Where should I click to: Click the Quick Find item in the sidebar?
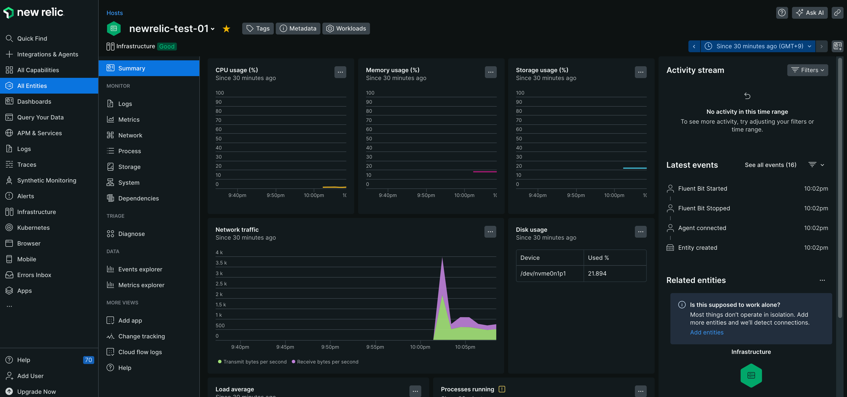[x=32, y=38]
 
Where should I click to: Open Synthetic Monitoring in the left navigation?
[x=46, y=180]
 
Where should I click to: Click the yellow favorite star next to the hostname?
[x=226, y=29]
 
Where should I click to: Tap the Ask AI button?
[x=810, y=13]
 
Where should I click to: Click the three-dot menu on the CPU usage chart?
[x=340, y=72]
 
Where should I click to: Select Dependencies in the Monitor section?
[x=138, y=198]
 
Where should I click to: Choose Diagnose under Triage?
[x=131, y=234]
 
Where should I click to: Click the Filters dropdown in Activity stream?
[x=807, y=70]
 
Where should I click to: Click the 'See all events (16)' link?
[x=770, y=165]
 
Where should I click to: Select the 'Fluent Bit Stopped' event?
[x=704, y=208]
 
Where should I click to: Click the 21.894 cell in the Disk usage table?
[x=597, y=274]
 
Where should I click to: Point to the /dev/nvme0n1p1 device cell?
[x=543, y=274]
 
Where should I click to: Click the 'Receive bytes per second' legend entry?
[x=327, y=362]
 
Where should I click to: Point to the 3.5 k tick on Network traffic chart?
[x=221, y=263]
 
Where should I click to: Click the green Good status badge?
[x=167, y=46]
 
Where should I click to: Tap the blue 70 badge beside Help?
[x=88, y=360]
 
